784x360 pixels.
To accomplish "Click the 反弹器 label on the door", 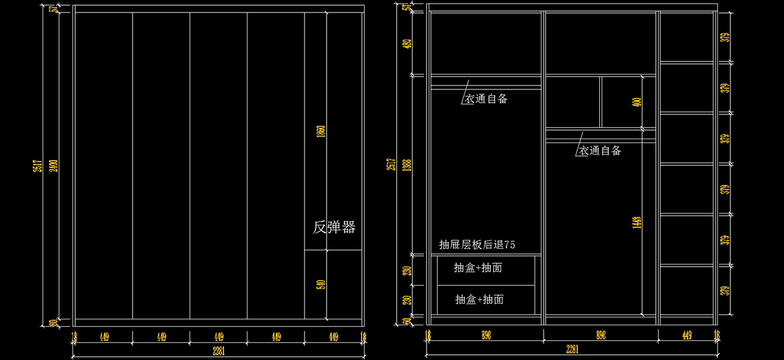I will pyautogui.click(x=334, y=227).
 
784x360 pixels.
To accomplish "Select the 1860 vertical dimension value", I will pyautogui.click(x=320, y=131).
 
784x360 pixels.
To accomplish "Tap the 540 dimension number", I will pyautogui.click(x=320, y=285).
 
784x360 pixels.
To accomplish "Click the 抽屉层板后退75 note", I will pyautogui.click(x=477, y=245).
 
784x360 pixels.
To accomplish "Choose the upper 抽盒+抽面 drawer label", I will pyautogui.click(x=479, y=268).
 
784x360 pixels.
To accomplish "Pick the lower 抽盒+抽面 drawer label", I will pyautogui.click(x=479, y=299).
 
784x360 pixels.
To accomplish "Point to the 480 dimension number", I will pyautogui.click(x=407, y=44).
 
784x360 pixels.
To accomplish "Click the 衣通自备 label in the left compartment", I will pyautogui.click(x=486, y=99).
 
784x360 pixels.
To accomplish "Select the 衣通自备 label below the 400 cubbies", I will pyautogui.click(x=600, y=151).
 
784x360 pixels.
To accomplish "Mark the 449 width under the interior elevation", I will pyautogui.click(x=687, y=336).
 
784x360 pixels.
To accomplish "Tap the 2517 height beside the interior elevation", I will pyautogui.click(x=391, y=164).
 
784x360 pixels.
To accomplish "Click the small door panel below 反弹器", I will pyautogui.click(x=333, y=286).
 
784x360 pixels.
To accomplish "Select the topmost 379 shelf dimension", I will pyautogui.click(x=724, y=37).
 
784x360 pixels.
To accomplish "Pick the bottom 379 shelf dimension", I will pyautogui.click(x=724, y=291).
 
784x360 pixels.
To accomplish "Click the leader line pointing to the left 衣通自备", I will pyautogui.click(x=466, y=90).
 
